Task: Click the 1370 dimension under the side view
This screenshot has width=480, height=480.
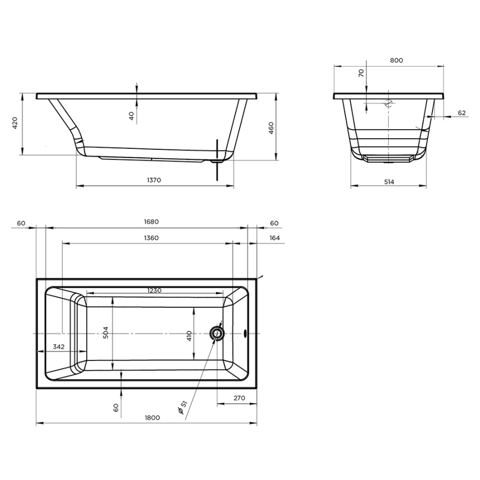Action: (x=154, y=180)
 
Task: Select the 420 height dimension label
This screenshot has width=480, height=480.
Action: (x=15, y=123)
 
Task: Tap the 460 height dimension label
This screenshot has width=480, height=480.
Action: (x=271, y=128)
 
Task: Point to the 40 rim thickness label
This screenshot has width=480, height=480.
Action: (x=131, y=116)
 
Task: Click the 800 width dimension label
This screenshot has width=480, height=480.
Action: (x=396, y=60)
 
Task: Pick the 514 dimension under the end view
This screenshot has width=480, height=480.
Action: (x=389, y=182)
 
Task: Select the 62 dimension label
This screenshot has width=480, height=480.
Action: (x=462, y=113)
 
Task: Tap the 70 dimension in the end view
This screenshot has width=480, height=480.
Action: (x=361, y=73)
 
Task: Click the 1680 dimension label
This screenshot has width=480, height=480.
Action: (x=151, y=222)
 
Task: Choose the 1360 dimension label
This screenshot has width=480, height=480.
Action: (x=151, y=238)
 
